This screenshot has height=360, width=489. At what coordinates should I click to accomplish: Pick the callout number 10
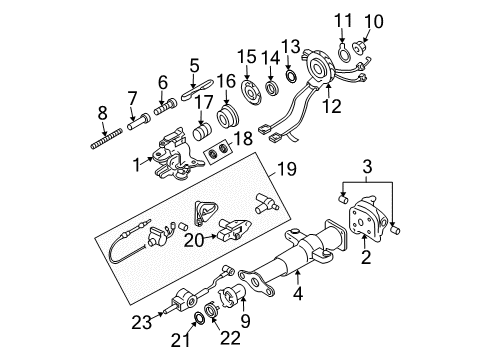374,19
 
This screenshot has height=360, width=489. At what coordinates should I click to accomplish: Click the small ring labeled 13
291,75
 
